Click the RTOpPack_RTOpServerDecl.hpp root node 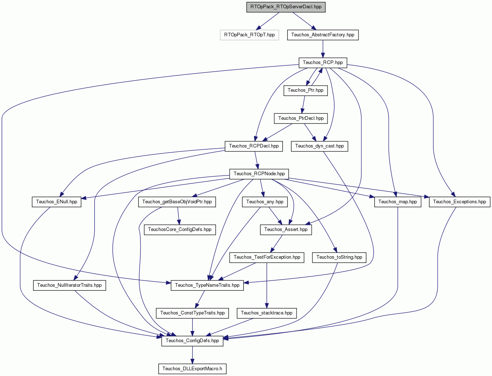point(286,7)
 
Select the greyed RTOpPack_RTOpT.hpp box point(249,35)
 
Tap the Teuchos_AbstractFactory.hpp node point(323,35)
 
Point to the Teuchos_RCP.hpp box point(323,63)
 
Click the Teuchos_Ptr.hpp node point(306,91)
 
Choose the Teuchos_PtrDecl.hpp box point(301,118)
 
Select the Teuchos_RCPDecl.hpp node point(254,146)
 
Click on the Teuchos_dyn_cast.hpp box point(319,146)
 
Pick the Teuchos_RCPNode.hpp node point(259,174)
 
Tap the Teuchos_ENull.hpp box point(57,202)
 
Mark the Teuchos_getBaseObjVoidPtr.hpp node point(177,202)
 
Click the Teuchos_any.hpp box point(265,202)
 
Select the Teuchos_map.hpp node point(398,202)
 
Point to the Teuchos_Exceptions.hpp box point(460,202)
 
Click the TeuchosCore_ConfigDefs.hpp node point(180,230)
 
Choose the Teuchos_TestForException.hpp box point(267,258)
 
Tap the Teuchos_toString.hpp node point(339,258)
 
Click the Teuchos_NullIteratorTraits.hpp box point(69,285)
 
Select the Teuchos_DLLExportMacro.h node point(192,369)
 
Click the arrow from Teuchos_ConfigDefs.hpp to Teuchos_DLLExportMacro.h point(192,355)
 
